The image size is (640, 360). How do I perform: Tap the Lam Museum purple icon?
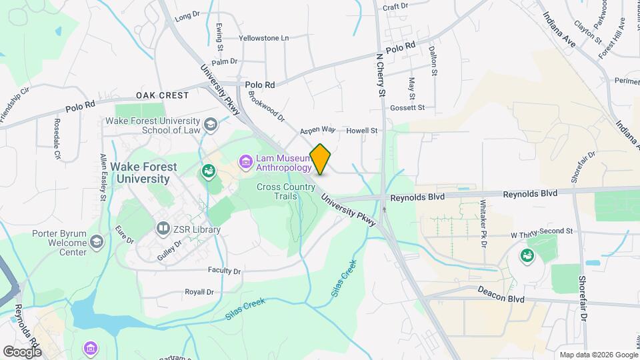[245, 162]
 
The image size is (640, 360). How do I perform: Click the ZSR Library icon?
[163, 229]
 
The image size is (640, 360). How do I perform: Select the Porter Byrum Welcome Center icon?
[97, 241]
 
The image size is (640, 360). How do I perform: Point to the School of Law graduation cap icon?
[211, 125]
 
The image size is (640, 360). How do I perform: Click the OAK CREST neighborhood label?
[163, 95]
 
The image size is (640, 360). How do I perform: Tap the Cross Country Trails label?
[286, 192]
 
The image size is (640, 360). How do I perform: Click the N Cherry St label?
[381, 75]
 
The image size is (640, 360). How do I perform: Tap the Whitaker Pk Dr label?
[483, 222]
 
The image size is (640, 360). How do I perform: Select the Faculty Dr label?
[224, 271]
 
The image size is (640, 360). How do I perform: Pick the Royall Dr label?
[199, 292]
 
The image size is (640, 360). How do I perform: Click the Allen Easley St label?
[103, 177]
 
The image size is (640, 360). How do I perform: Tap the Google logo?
[22, 351]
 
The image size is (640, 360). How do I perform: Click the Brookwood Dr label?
[266, 107]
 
